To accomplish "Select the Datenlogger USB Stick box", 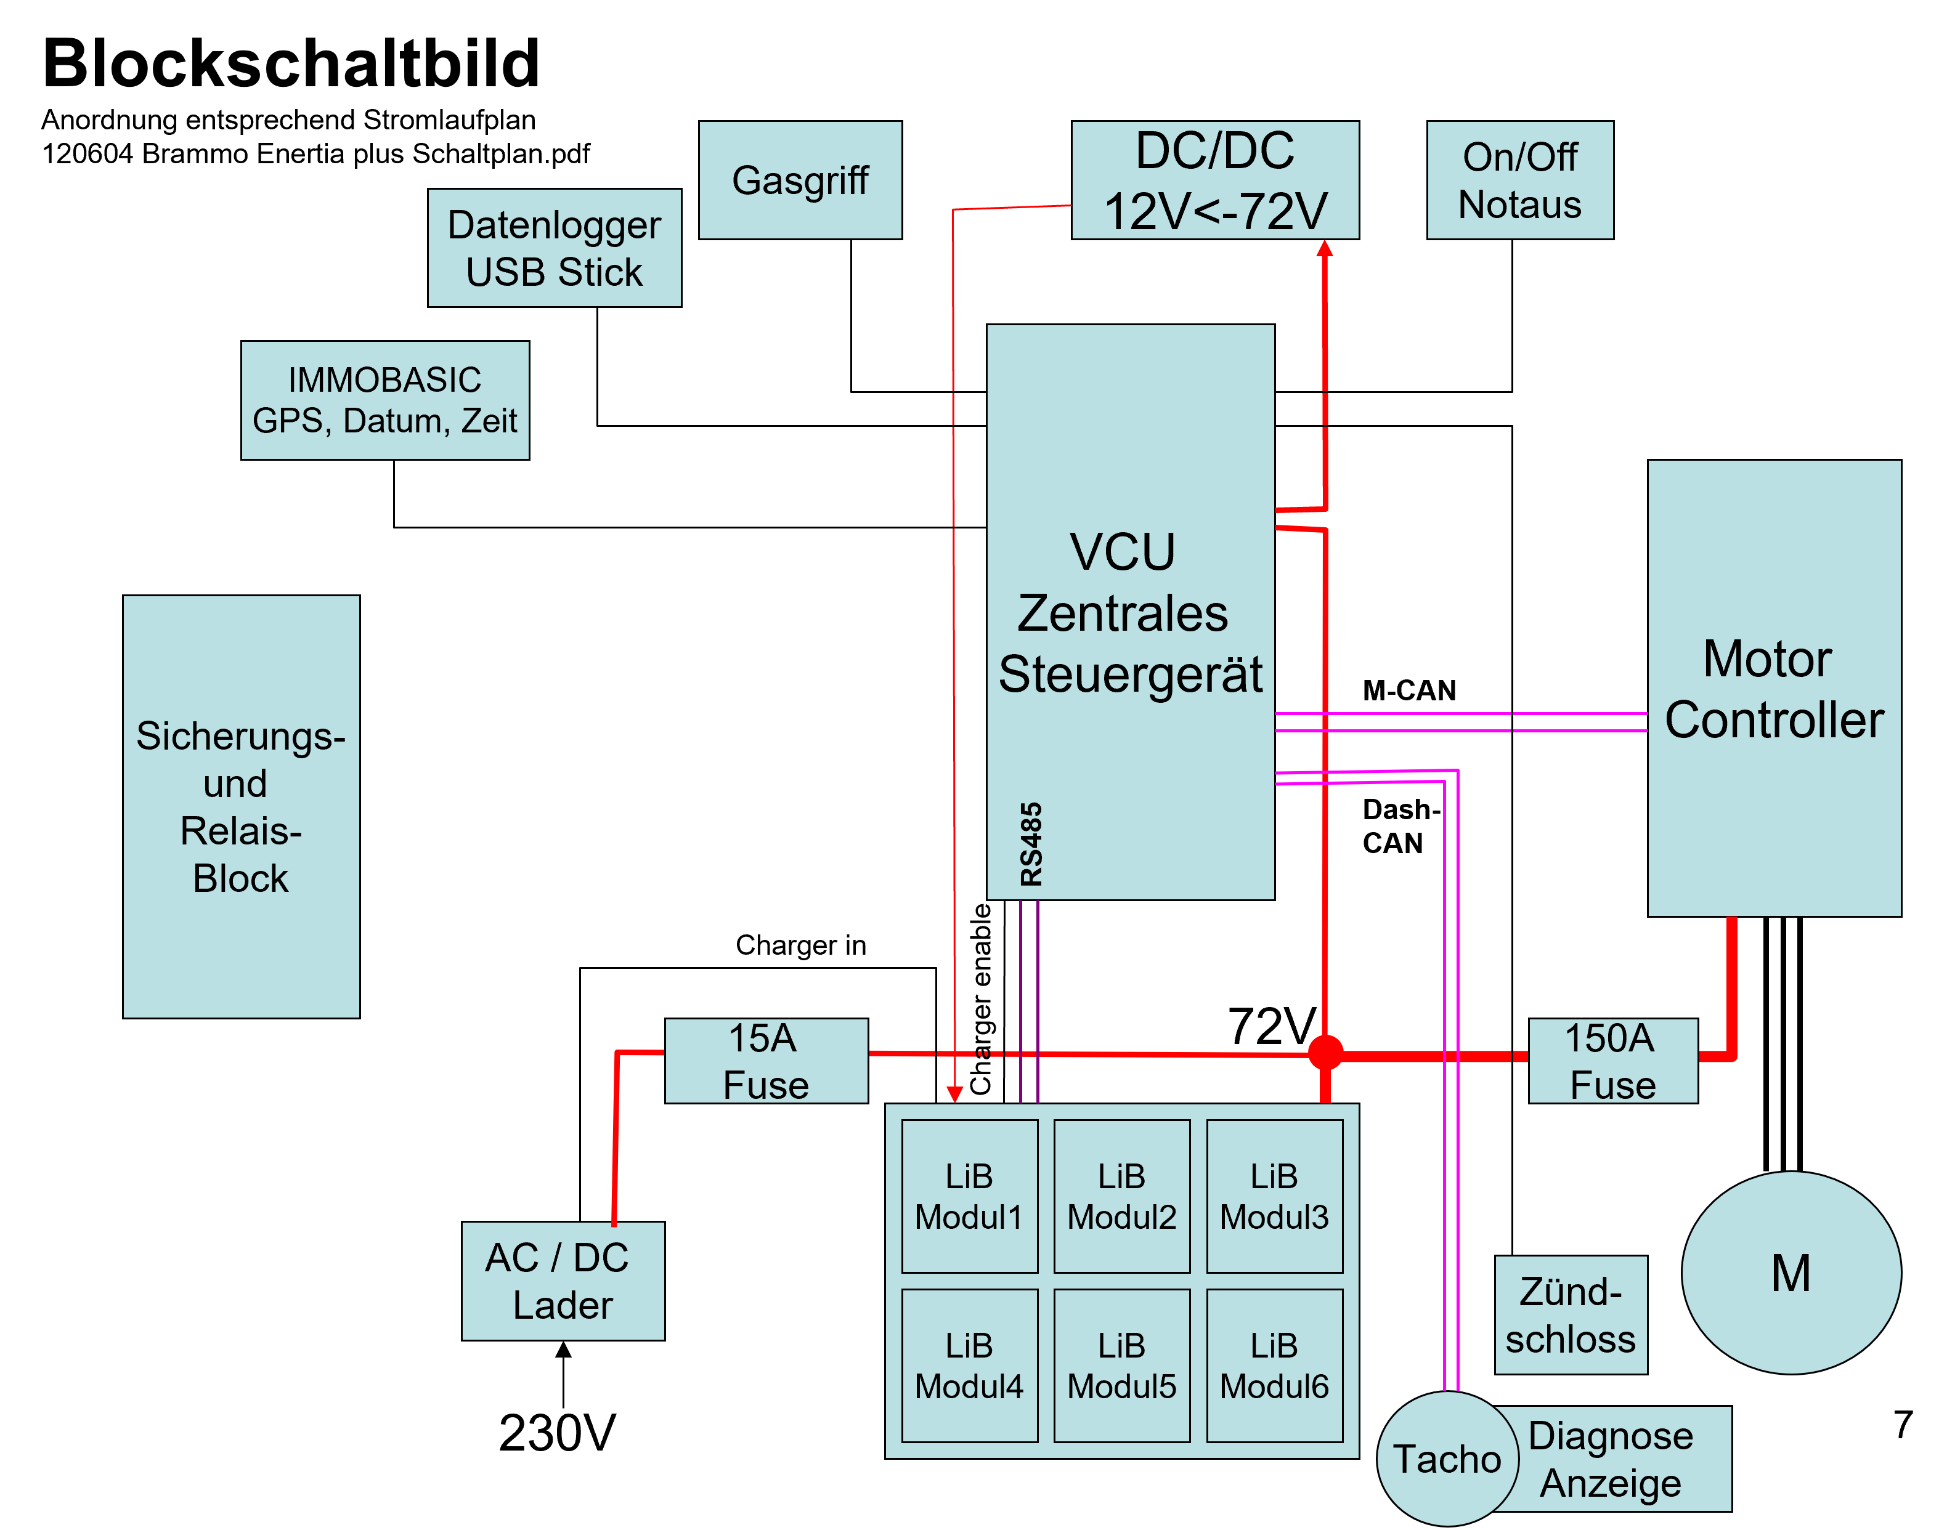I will coord(554,248).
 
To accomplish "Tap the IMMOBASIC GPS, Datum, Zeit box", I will coord(384,400).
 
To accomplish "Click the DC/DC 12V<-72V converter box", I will coord(1214,180).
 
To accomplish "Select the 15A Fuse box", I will coord(765,1061).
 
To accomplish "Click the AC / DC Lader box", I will coord(563,1281).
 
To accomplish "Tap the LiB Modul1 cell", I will coord(970,1196).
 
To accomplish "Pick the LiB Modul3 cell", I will coord(1274,1196).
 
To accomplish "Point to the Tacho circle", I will coord(1446,1459).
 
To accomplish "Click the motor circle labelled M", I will coord(1791,1273).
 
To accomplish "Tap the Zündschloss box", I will coord(1571,1315).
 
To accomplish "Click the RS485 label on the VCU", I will coord(1031,844).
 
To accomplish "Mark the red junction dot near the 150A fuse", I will coord(1325,1053).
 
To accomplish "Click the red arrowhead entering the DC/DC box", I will coord(1324,248).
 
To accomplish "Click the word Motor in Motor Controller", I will coord(1767,659).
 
